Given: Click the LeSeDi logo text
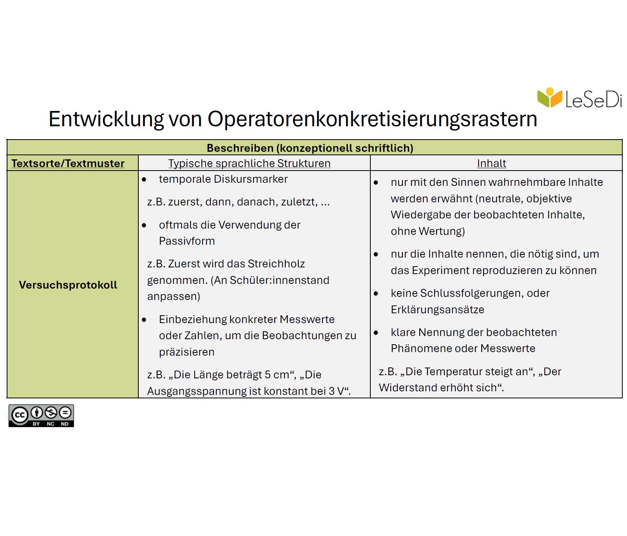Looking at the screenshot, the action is point(593,100).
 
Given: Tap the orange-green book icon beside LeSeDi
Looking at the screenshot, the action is point(549,97).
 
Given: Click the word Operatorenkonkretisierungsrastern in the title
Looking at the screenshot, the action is point(372,119).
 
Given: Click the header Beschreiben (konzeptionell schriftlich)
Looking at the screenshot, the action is point(310,148).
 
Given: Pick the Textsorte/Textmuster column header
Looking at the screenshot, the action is point(68,163).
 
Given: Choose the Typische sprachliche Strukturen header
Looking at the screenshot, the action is point(249,163).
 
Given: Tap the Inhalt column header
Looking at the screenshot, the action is point(491,163).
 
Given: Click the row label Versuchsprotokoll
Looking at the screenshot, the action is point(68,285).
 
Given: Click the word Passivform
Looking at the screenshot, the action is point(187,241).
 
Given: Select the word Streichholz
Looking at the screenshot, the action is point(276,263).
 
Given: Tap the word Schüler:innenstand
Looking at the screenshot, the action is point(279,280).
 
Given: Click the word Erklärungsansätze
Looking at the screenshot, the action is point(437,310).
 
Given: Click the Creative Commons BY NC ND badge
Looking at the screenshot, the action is point(41,416).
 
